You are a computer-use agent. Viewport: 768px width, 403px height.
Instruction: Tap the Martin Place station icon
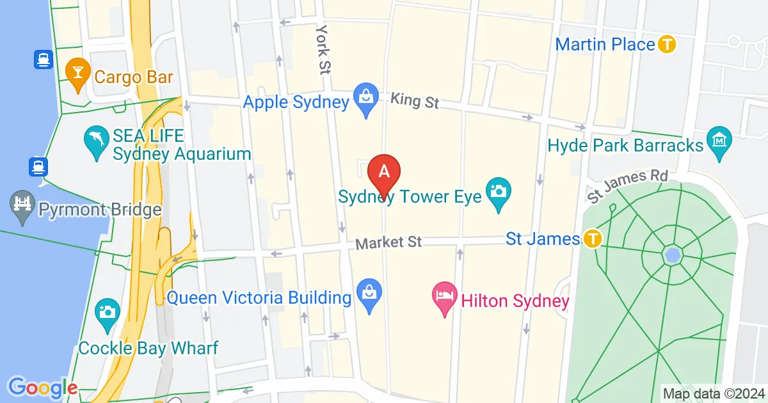pyautogui.click(x=668, y=45)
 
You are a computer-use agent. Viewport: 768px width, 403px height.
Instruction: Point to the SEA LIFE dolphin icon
pyautogui.click(x=95, y=145)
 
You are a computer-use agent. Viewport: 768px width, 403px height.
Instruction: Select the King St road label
pyautogui.click(x=414, y=100)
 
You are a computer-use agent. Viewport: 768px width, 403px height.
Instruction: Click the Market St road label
pyautogui.click(x=388, y=243)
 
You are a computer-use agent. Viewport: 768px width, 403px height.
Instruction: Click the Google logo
pyautogui.click(x=42, y=387)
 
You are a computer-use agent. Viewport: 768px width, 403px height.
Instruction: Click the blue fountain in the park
pyautogui.click(x=672, y=255)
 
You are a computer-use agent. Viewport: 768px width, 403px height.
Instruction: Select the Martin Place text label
pyautogui.click(x=605, y=45)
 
